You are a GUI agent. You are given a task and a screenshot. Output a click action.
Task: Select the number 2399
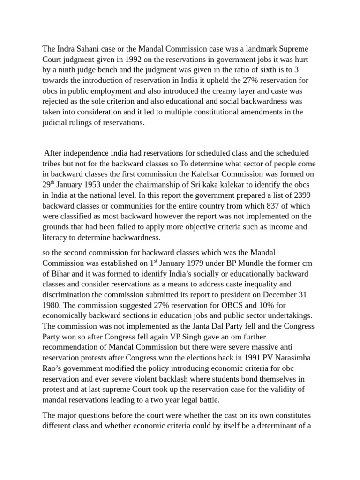tap(307, 195)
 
